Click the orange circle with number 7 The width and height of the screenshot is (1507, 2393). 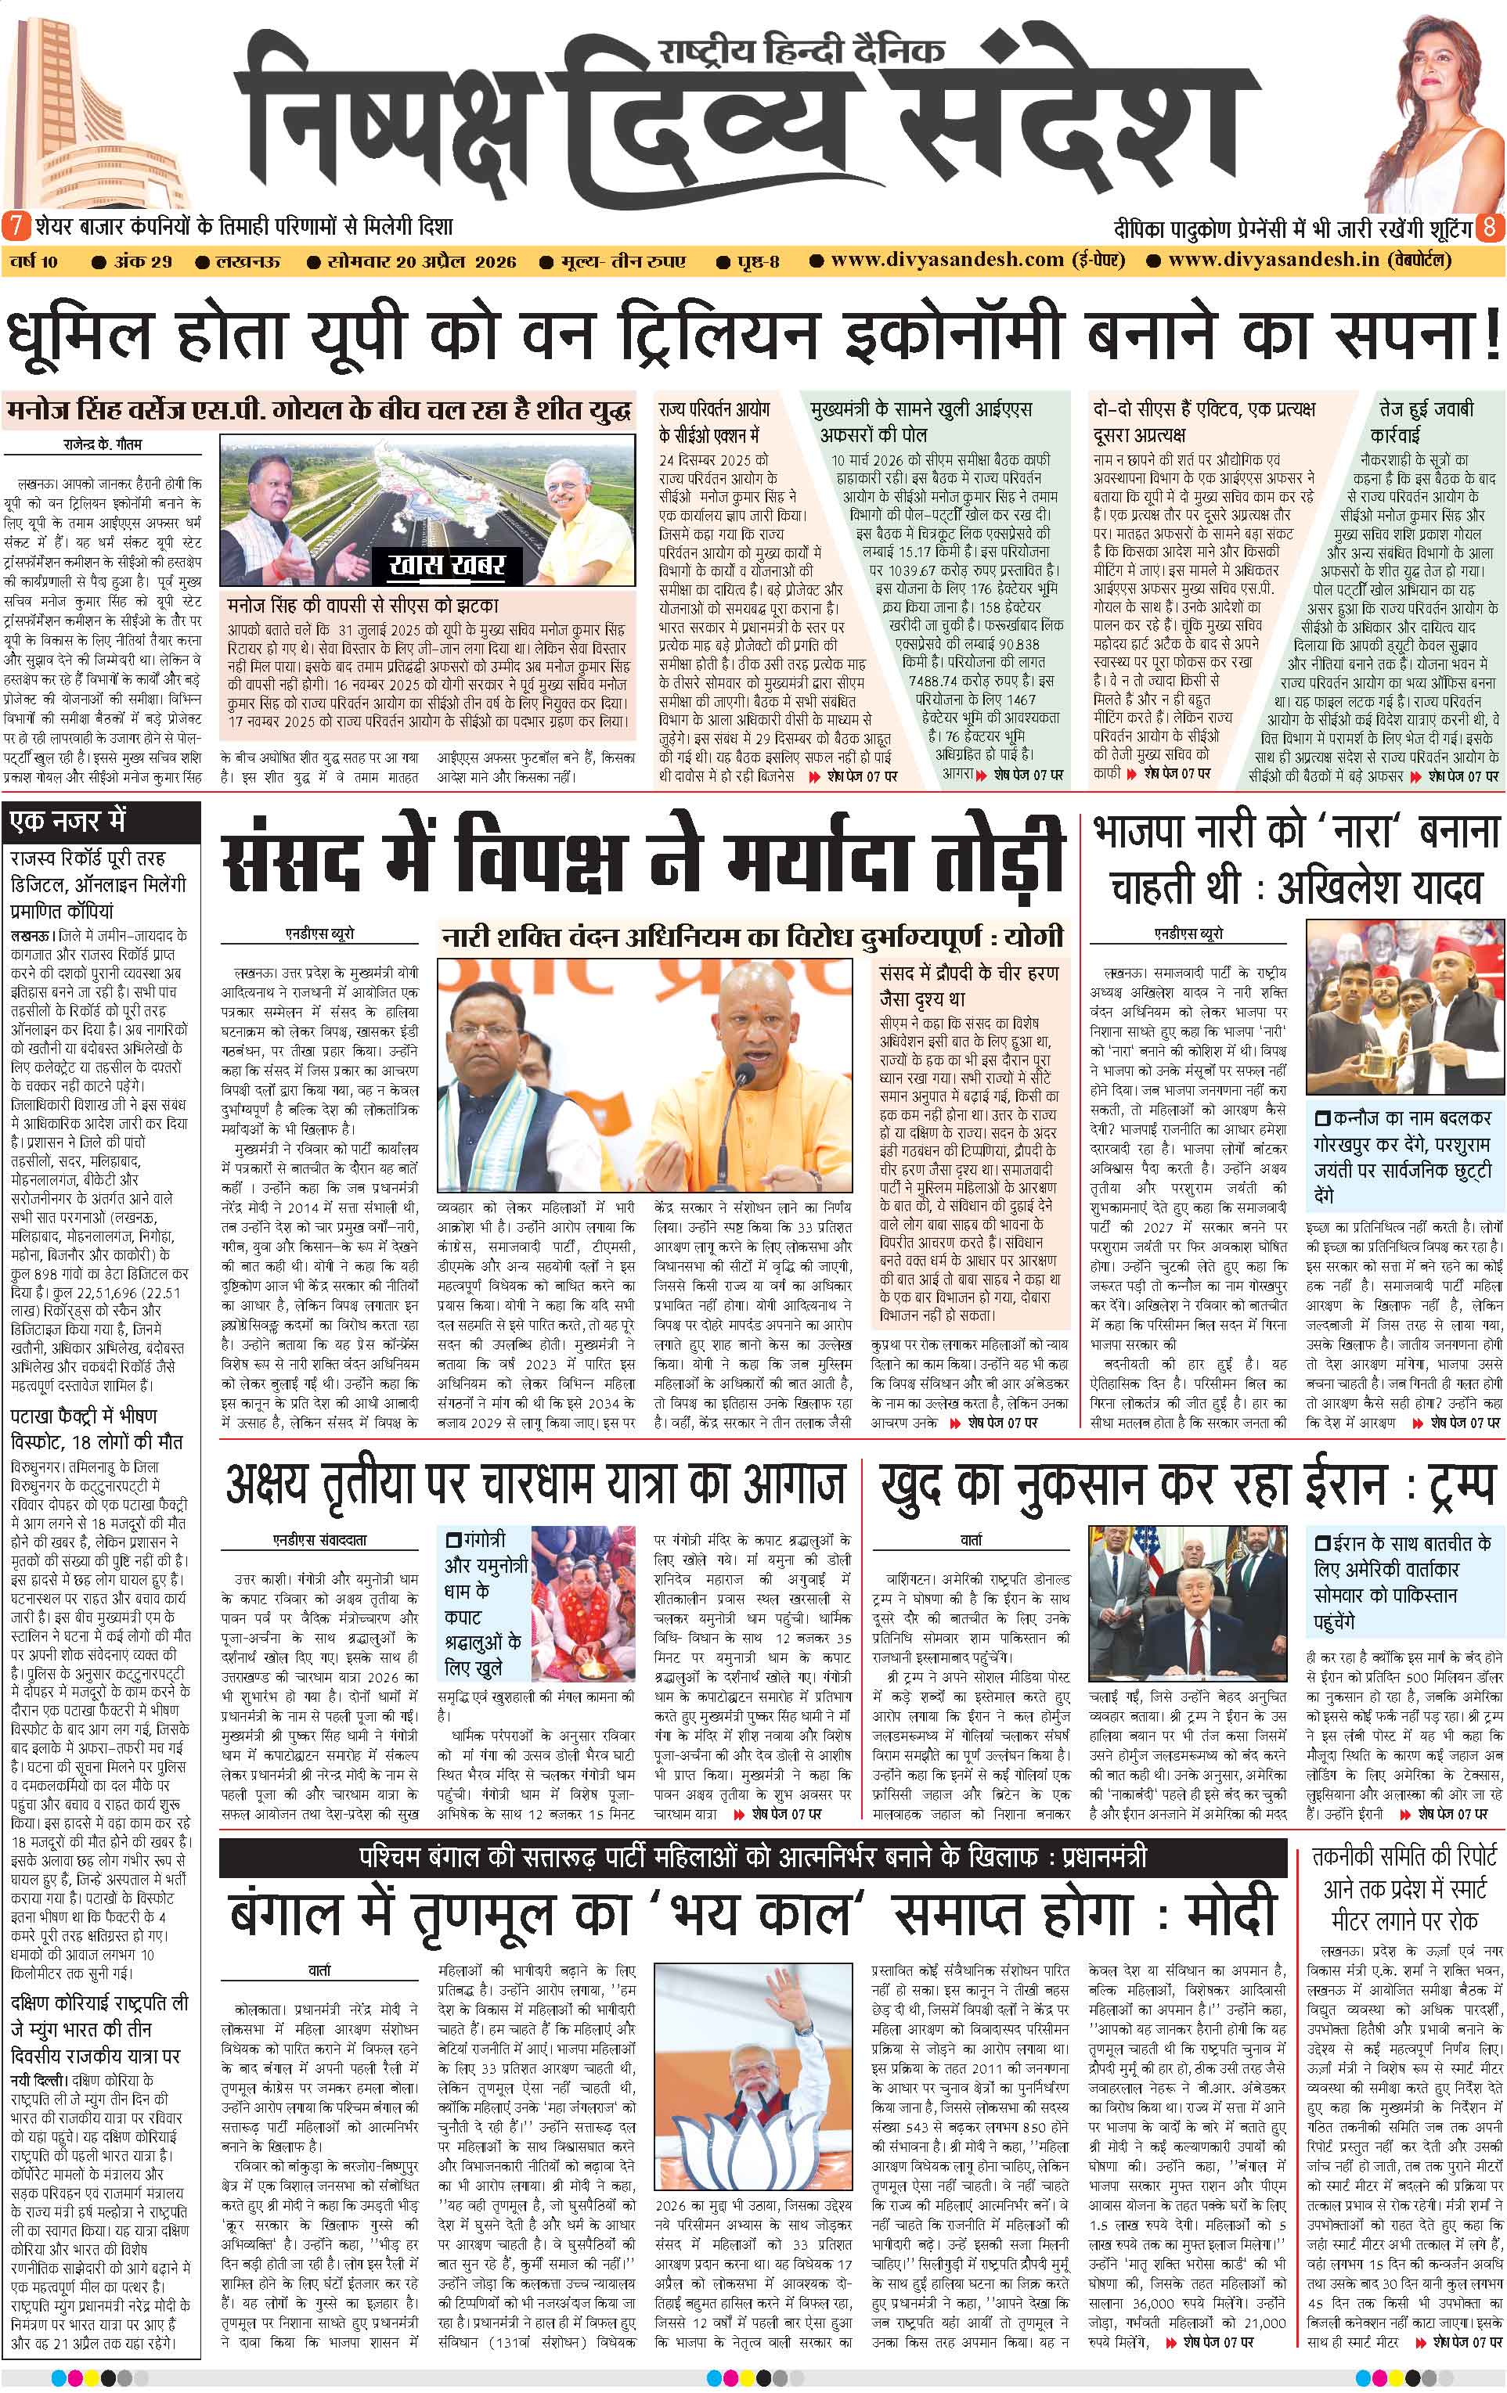click(x=15, y=227)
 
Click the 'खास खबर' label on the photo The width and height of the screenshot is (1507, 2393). click(x=447, y=567)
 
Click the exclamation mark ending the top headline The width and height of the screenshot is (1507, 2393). click(x=1489, y=338)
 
